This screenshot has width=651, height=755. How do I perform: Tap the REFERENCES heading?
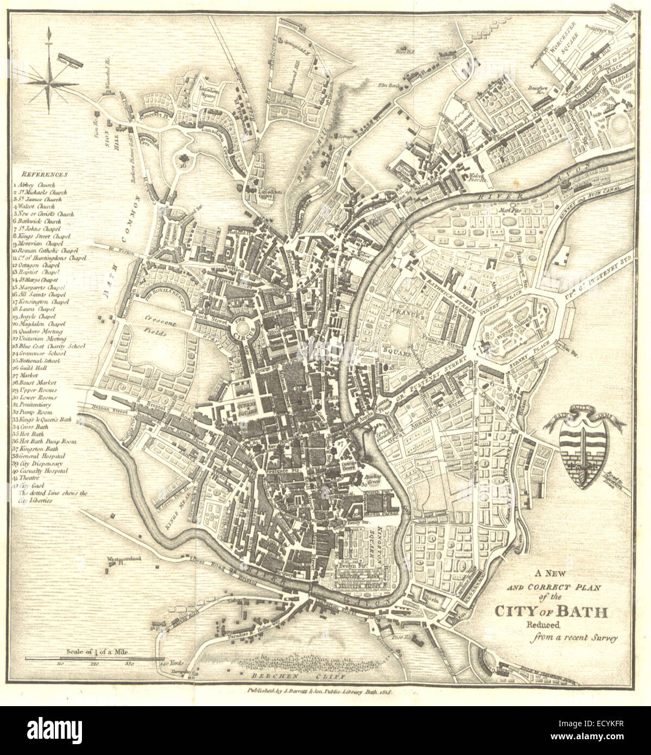45,175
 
